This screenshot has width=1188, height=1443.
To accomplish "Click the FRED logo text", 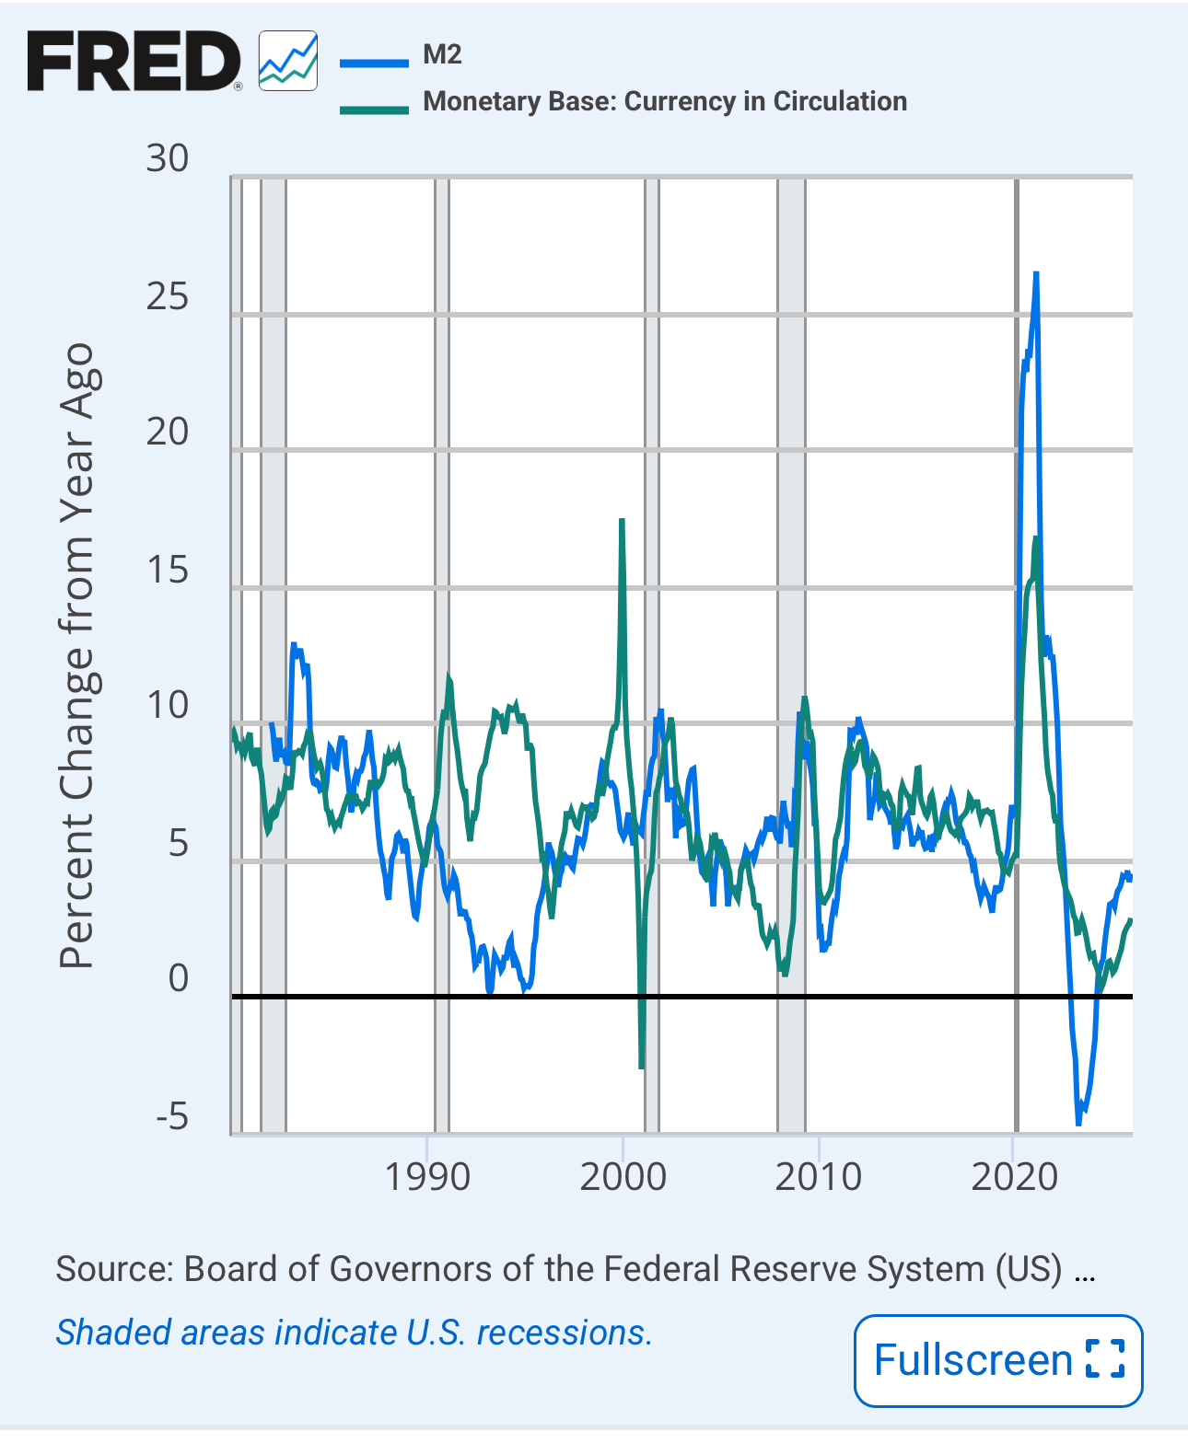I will (x=134, y=61).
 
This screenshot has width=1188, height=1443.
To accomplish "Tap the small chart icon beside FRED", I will (x=288, y=61).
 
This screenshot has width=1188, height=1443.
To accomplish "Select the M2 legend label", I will (x=442, y=55).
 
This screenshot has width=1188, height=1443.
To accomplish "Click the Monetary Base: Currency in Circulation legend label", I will (x=664, y=101).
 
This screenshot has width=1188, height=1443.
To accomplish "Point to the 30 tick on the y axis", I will (x=167, y=159).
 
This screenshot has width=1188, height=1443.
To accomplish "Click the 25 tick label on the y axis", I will (x=167, y=296).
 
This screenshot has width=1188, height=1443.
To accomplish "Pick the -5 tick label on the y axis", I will (x=172, y=1117).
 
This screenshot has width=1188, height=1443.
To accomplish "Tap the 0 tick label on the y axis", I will (x=179, y=978).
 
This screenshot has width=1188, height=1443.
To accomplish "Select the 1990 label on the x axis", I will (x=427, y=1177).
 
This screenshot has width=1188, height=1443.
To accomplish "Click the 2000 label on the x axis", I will (x=623, y=1177).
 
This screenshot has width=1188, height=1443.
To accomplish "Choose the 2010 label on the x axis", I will (x=819, y=1177).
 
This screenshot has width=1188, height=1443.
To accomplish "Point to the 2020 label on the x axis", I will (x=1015, y=1177).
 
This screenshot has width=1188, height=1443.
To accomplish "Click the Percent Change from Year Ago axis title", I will (x=77, y=655).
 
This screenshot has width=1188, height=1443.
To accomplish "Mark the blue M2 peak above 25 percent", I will (x=1036, y=274).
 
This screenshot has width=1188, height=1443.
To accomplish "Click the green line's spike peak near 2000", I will (x=623, y=521).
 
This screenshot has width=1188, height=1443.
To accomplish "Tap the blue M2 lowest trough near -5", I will (x=1079, y=1123).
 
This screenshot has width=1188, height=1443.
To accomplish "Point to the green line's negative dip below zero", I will (x=641, y=1066).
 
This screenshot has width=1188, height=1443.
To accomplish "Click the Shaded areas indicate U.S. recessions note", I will (x=354, y=1333).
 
